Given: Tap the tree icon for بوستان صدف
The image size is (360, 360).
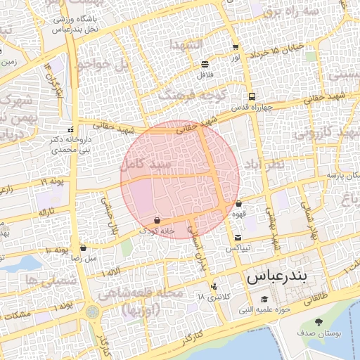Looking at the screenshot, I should [x=319, y=323].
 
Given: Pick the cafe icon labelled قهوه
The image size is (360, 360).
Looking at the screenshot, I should [x=239, y=203].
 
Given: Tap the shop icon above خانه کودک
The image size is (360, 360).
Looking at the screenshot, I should [x=156, y=219].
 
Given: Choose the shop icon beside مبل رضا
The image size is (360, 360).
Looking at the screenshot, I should [x=84, y=247].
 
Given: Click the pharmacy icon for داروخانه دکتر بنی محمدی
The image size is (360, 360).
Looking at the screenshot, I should [x=70, y=129].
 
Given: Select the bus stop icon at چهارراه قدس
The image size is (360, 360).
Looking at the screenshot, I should [x=251, y=97].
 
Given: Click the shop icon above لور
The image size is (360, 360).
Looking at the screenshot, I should [x=235, y=46].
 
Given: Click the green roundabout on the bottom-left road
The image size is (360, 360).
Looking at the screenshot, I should [x=92, y=310].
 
